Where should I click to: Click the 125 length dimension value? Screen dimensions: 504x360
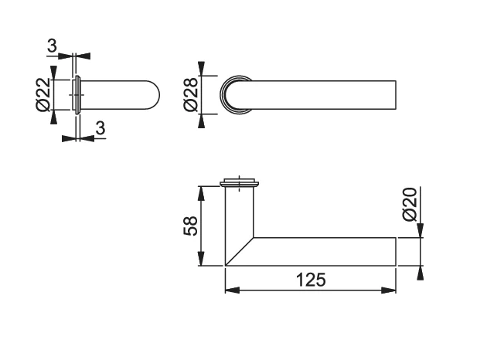pos(311,279)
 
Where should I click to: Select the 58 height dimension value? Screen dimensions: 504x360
pos(191,226)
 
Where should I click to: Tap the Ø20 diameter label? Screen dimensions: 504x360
pos(410,205)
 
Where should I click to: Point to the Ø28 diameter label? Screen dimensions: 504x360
pos(191,95)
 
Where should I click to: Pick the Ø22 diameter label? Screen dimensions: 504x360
pos(43,94)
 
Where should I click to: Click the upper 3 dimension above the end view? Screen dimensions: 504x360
pos(52,46)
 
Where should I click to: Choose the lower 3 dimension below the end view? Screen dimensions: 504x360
pos(100,127)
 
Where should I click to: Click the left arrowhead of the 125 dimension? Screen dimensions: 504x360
pos(233,290)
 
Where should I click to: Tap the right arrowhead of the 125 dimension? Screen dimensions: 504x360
pos(388,290)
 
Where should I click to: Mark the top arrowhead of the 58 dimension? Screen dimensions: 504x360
pos(201,193)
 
